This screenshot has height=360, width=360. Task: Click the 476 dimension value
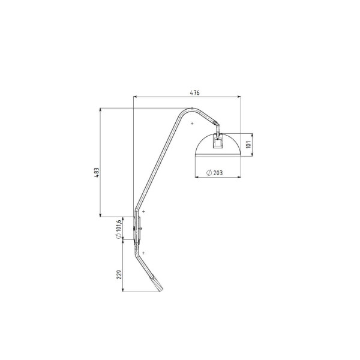pos(194,93)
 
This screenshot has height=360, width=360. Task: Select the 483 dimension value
pos(97,172)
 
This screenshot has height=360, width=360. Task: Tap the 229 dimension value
pos(119,275)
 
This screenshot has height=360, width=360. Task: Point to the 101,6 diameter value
pos(118,225)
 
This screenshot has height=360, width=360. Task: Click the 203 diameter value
pos(218,173)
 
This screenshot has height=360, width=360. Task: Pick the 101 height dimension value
pos(248,145)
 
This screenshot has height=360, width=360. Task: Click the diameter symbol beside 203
pos(209,173)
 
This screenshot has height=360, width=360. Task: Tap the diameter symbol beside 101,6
pos(118,236)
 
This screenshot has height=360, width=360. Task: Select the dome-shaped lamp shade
pos(218,145)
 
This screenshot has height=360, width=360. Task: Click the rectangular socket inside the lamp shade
pos(218,142)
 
